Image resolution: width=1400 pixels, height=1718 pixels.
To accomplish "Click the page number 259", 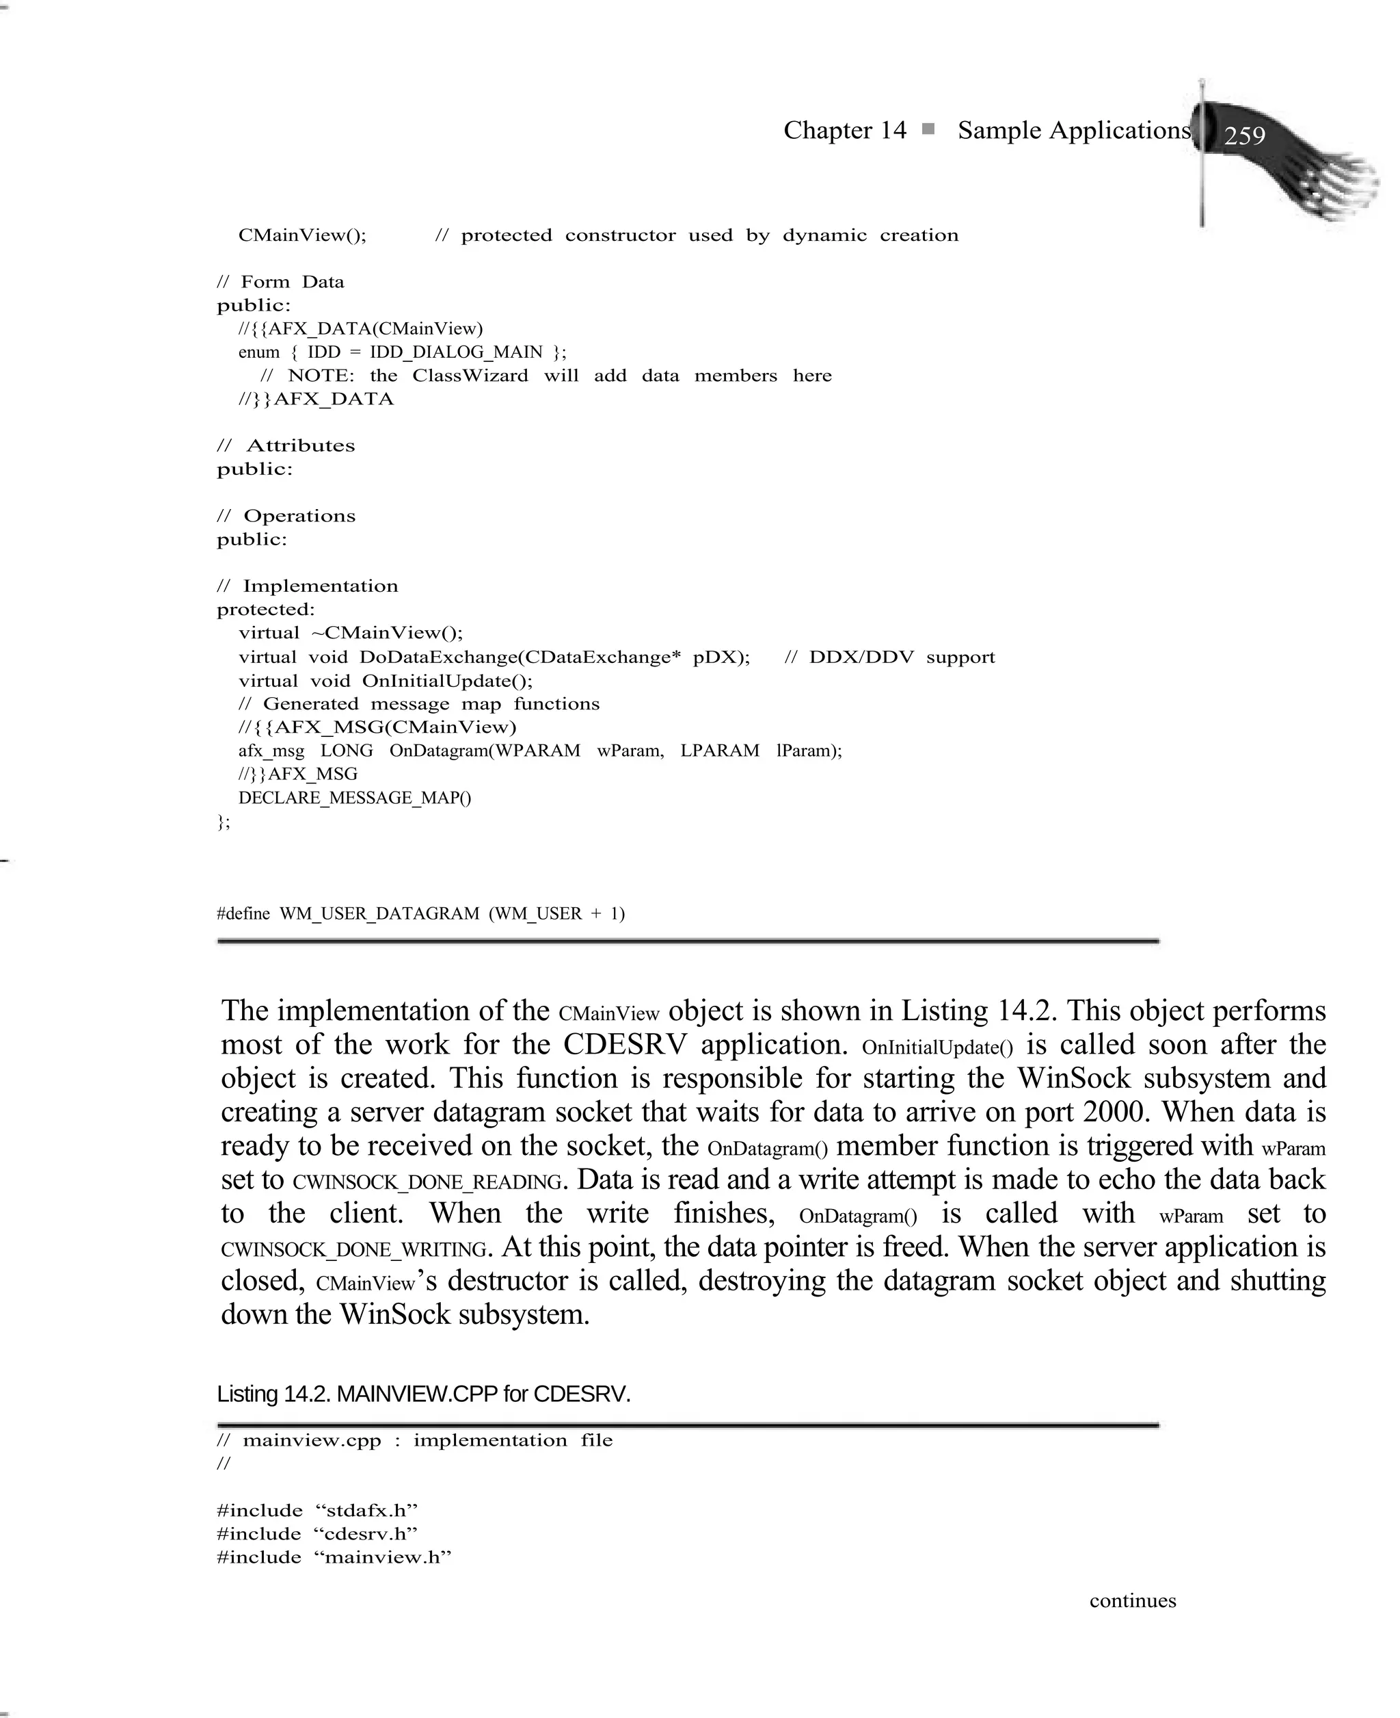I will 1244,135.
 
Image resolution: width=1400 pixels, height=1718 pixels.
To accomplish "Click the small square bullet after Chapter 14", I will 928,129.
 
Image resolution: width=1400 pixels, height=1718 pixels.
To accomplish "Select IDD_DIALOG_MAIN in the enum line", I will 456,352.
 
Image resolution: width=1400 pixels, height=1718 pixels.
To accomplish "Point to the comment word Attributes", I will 300,445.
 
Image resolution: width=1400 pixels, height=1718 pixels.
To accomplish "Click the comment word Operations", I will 299,516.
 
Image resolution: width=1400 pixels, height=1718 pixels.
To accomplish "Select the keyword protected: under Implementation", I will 265,609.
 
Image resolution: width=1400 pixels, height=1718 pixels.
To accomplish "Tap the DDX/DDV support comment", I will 890,657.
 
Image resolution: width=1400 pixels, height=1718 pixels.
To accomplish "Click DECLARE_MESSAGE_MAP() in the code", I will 355,798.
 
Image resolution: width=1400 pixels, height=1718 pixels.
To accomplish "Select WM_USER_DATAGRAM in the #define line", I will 379,913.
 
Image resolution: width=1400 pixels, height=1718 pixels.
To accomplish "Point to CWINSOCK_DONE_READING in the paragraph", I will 427,1182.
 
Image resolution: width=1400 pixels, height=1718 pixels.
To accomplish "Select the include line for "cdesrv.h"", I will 317,1533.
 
